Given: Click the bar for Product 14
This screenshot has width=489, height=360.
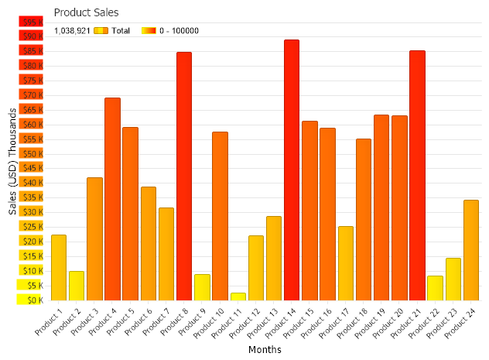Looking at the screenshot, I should [292, 170].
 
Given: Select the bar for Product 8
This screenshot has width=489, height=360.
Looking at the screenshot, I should [184, 176].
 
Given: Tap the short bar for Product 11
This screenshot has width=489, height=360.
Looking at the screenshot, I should [238, 296].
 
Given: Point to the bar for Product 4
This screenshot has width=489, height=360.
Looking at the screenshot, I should [112, 198].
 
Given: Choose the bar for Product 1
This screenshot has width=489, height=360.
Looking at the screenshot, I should [59, 267].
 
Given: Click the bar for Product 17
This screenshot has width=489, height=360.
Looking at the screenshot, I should [345, 262].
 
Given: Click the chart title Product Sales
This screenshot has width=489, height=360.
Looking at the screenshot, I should [86, 12].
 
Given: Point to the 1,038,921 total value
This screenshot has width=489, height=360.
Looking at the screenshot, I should [72, 31].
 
